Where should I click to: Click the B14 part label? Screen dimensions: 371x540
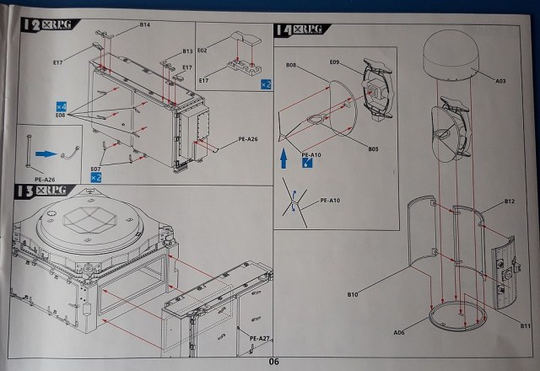click(x=145, y=26)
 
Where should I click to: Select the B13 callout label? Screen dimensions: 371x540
click(x=187, y=51)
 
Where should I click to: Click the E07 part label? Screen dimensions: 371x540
click(x=96, y=169)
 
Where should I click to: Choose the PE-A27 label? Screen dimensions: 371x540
click(x=260, y=338)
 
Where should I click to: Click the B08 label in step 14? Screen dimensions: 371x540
click(x=291, y=65)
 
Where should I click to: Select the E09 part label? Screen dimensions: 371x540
click(x=335, y=62)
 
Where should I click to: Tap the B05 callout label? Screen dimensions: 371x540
click(x=373, y=149)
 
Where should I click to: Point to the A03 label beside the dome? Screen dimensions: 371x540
click(x=500, y=81)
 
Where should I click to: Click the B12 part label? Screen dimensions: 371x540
click(x=509, y=202)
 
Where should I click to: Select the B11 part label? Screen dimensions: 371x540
click(x=525, y=325)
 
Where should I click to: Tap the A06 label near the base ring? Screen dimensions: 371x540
click(x=398, y=333)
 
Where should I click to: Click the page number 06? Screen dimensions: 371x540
click(x=273, y=362)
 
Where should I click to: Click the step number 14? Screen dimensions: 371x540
click(x=284, y=30)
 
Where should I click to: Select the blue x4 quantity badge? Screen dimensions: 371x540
click(x=61, y=105)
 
